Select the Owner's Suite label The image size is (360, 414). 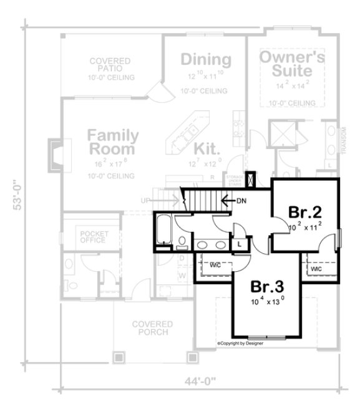pyautogui.click(x=291, y=66)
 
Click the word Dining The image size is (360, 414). pyautogui.click(x=206, y=60)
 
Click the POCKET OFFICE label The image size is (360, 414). pyautogui.click(x=91, y=237)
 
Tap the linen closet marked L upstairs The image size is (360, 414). pyautogui.click(x=240, y=244)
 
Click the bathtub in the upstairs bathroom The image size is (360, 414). pyautogui.click(x=163, y=229)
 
